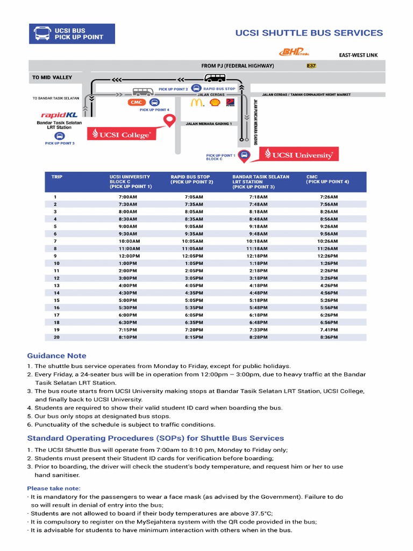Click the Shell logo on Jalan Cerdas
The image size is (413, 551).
click(x=215, y=102)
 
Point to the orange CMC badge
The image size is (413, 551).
click(x=136, y=102)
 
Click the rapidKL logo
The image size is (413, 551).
click(x=59, y=115)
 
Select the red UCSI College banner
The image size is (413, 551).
click(x=123, y=135)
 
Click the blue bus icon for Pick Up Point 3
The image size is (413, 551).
click(x=59, y=136)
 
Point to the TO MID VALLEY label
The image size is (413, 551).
click(x=52, y=77)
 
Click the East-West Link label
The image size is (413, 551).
click(x=358, y=55)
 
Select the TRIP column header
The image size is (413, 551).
click(x=57, y=176)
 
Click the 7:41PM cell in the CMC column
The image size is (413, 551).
click(x=329, y=330)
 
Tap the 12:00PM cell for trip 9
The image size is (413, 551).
click(x=129, y=256)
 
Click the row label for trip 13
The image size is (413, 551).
click(x=56, y=286)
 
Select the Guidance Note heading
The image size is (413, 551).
click(x=56, y=356)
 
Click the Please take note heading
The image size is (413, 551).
click(x=54, y=488)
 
